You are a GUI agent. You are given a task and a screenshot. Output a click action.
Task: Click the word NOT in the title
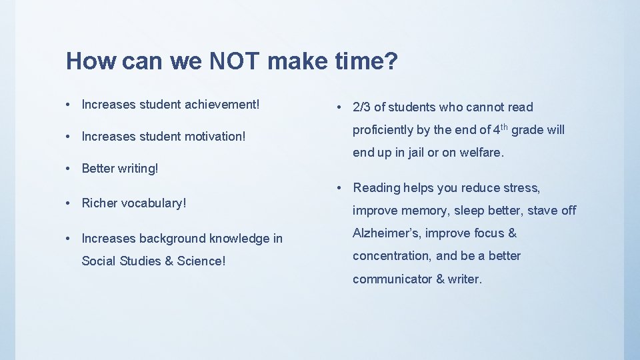(235, 62)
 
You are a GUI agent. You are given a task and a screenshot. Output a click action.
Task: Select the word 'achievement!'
(221, 105)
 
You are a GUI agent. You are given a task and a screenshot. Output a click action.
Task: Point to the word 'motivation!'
(213, 137)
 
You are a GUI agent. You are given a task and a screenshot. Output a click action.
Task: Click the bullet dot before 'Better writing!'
(69, 169)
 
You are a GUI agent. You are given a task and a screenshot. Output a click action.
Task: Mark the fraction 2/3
(363, 107)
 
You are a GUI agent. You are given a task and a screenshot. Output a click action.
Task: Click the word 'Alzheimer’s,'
(387, 233)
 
